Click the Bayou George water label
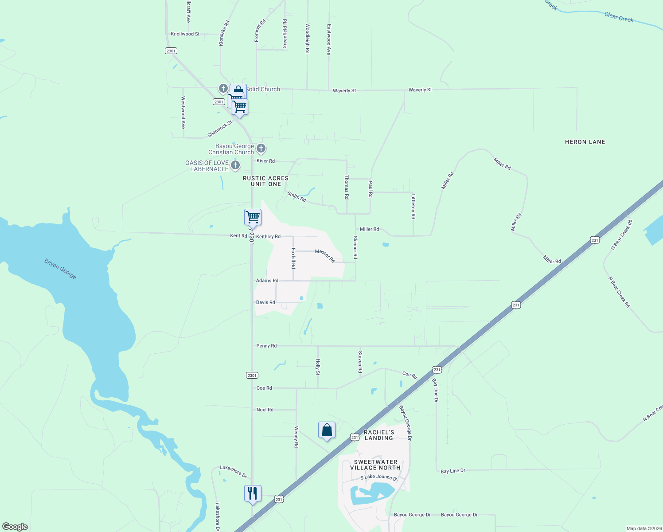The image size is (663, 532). point(60,269)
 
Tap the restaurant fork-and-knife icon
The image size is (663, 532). point(253,493)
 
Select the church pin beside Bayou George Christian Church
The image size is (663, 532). point(261,148)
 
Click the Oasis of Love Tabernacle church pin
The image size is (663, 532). point(235,165)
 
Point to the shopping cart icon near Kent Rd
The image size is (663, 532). point(253,217)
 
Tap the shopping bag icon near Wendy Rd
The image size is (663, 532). point(327,430)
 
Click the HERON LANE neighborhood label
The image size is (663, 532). point(585,142)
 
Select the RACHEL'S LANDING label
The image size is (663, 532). point(379,435)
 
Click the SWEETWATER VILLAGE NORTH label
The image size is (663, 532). point(375,465)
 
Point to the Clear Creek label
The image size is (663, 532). point(619,17)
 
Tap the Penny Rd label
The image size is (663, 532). point(266,346)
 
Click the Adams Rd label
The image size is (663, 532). point(267,281)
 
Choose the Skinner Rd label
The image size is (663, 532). point(355,247)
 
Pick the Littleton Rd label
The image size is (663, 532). point(413,206)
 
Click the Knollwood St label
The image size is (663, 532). point(185,34)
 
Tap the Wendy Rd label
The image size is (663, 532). point(296,437)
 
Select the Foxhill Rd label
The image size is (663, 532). point(293,258)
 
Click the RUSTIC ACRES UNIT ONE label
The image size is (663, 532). point(265,181)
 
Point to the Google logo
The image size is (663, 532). point(15,527)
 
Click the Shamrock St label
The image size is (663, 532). point(220,129)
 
